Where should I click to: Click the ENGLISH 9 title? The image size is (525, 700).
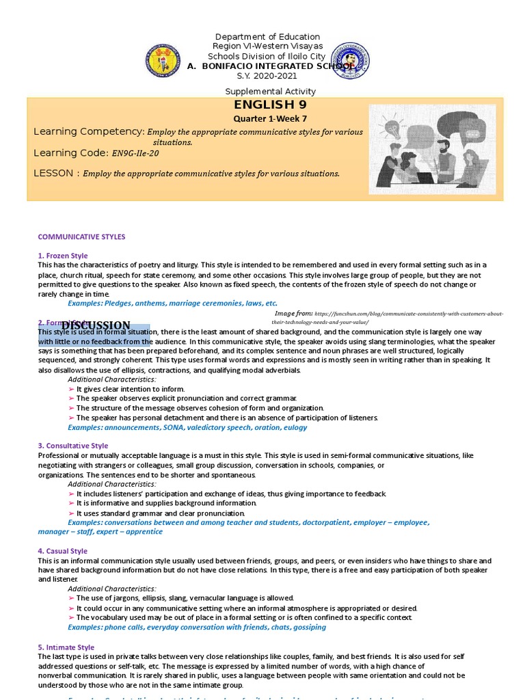tap(270, 105)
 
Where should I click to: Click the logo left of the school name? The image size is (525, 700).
tap(162, 60)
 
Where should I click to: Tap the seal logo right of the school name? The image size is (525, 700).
tap(350, 61)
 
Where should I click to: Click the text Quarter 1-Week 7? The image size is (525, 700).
tap(270, 119)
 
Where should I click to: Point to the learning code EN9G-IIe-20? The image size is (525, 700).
tap(139, 153)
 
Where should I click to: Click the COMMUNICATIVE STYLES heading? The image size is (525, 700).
tap(81, 237)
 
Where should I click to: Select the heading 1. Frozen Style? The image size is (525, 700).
tap(63, 256)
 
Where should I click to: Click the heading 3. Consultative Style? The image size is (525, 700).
tap(72, 446)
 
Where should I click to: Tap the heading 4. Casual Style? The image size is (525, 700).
tap(62, 551)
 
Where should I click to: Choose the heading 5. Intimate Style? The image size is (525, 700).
tap(66, 647)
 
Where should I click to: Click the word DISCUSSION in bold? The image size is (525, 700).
tap(96, 325)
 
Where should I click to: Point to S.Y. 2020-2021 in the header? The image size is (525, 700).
tap(267, 75)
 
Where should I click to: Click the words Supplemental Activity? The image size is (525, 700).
tap(271, 92)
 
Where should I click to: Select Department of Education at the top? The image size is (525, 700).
tap(267, 37)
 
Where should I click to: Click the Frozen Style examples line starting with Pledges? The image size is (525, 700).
tap(172, 303)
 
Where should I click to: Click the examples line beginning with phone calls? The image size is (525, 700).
tap(196, 627)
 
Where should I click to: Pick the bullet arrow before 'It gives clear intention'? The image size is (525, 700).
tap(72, 389)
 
